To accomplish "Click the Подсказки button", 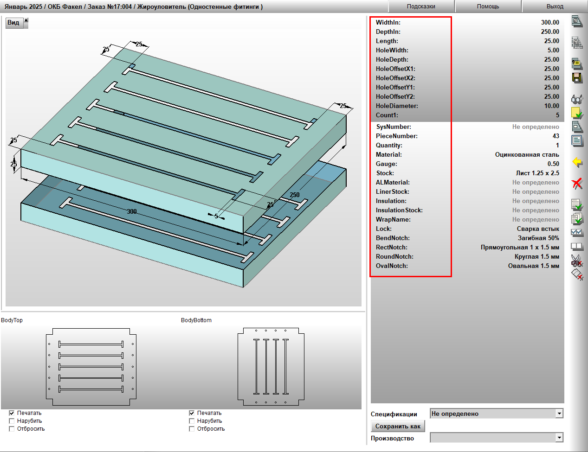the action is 421,6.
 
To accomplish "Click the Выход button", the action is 555,6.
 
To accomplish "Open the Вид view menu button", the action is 17,23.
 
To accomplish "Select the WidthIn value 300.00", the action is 550,22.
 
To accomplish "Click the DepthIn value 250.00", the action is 550,32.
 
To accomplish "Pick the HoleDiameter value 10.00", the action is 551,106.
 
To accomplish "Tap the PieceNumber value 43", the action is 556,136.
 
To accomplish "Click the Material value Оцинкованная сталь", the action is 527,154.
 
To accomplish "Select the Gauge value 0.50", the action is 553,164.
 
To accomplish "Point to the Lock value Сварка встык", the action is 538,229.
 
